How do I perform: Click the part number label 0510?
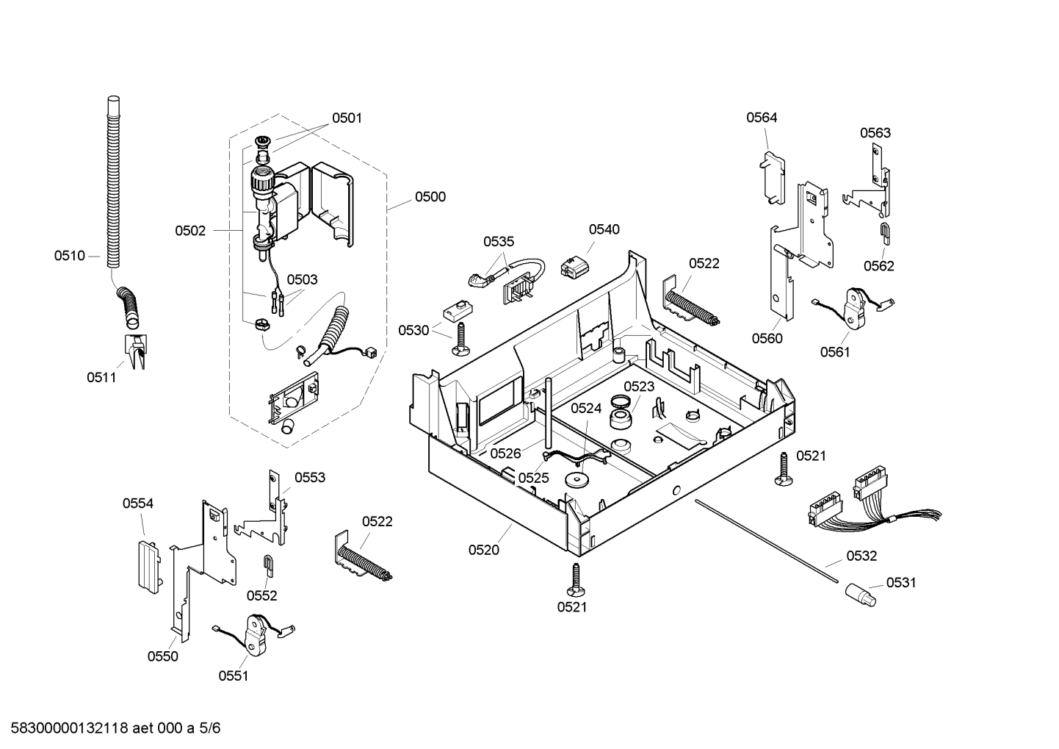point(70,256)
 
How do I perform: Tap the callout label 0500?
point(430,197)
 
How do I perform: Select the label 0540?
point(604,229)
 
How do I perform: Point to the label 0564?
point(762,118)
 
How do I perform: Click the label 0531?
point(901,582)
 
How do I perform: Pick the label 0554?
point(138,503)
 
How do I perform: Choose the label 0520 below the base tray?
point(484,550)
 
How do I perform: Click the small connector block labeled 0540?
point(573,266)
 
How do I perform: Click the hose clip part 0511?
point(136,351)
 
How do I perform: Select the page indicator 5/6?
point(209,728)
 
